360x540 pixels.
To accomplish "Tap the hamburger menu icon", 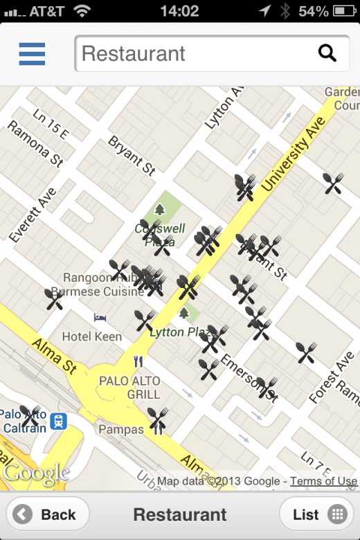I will click(32, 53).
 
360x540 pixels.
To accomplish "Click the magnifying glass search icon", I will click(327, 53).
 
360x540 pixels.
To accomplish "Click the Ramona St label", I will click(35, 144).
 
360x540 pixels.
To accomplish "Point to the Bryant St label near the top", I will click(132, 155).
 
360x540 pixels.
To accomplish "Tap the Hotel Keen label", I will click(91, 337).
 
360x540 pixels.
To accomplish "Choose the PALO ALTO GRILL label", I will click(129, 388).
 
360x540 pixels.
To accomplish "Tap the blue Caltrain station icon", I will click(59, 421).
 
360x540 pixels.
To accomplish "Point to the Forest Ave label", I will click(331, 378).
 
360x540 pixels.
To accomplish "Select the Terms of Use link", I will click(323, 481).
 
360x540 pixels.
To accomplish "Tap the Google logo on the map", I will click(36, 474).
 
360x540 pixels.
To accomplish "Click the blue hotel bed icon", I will click(100, 317).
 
